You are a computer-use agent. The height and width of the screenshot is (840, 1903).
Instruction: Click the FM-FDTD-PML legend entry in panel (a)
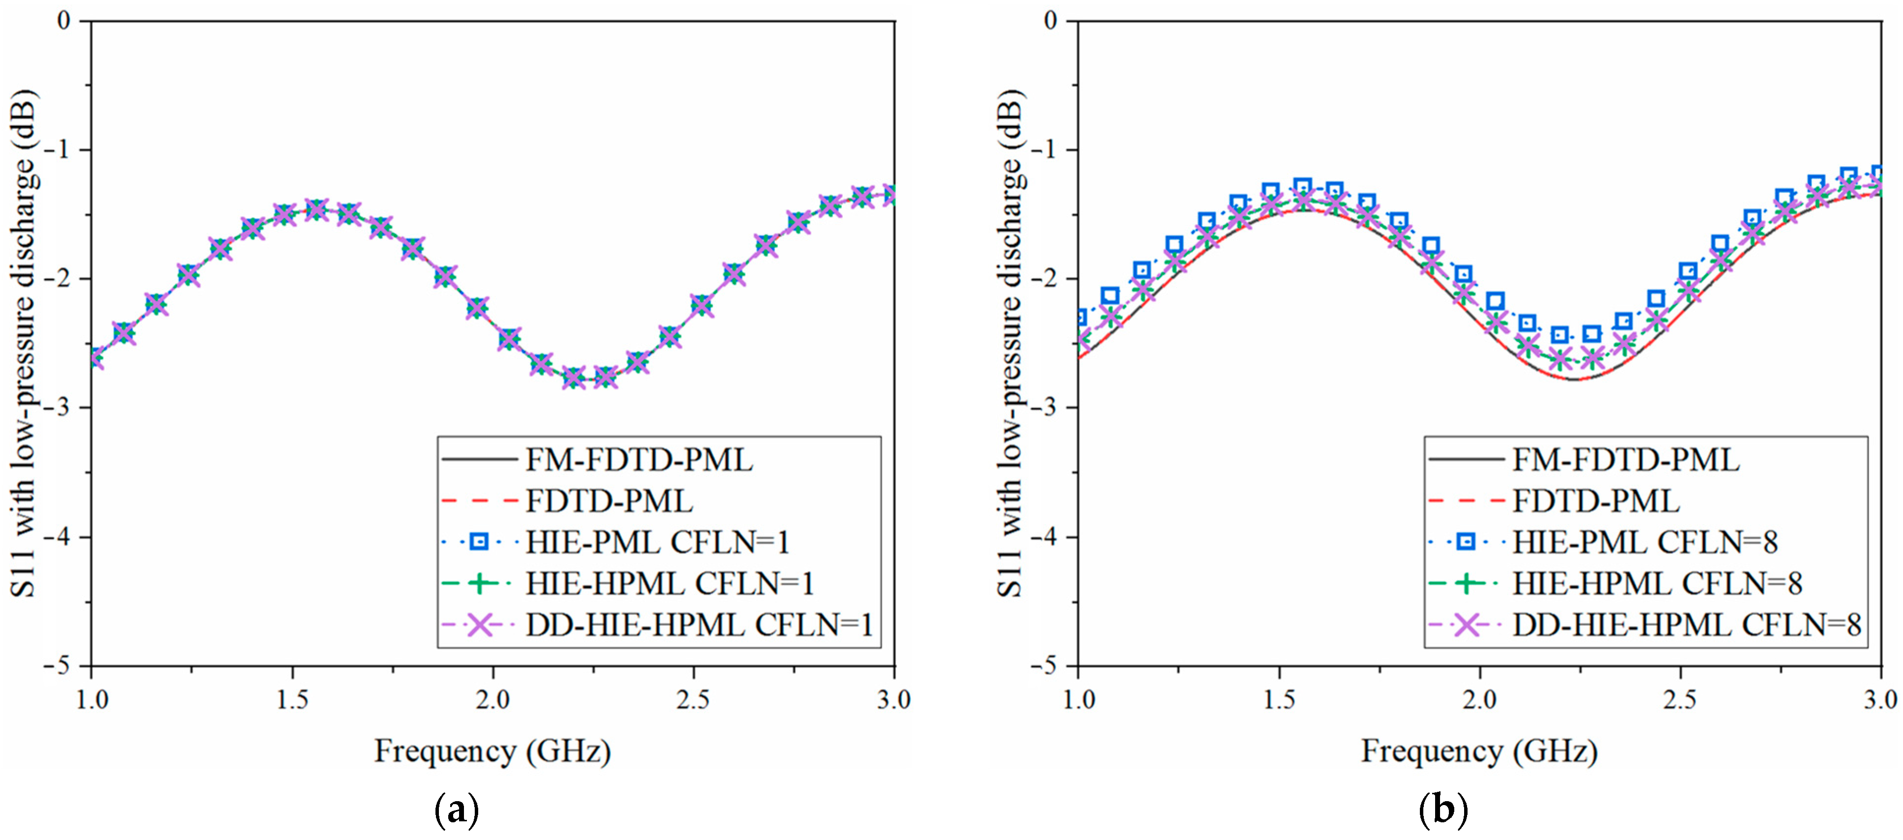pyautogui.click(x=639, y=460)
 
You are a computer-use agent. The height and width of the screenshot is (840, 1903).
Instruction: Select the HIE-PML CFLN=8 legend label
pyautogui.click(x=1644, y=543)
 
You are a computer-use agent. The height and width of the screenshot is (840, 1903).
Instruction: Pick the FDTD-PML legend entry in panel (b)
pyautogui.click(x=1596, y=502)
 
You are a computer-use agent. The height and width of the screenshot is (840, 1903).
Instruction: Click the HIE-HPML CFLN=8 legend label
pyautogui.click(x=1657, y=584)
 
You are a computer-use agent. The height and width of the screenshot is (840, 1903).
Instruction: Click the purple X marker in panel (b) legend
pyautogui.click(x=1466, y=626)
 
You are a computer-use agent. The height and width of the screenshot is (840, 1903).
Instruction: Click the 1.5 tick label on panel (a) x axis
pyautogui.click(x=292, y=699)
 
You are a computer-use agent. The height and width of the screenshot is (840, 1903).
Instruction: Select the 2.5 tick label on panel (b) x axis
pyautogui.click(x=1680, y=699)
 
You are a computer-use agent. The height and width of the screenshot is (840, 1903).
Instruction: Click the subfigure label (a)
pyautogui.click(x=457, y=811)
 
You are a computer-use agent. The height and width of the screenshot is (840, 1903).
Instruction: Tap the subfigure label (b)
pyautogui.click(x=1443, y=811)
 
